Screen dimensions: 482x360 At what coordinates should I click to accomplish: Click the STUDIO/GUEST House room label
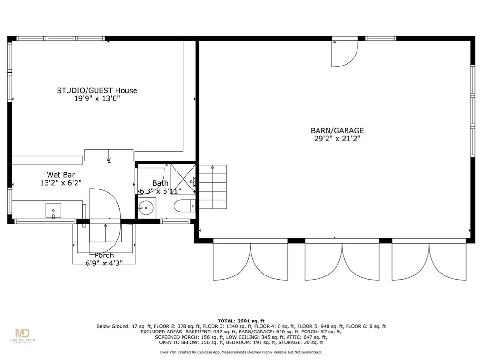coord(97,90)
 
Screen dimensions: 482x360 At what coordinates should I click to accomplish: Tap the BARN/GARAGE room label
coord(337,130)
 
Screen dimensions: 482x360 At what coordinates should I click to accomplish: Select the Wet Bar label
coord(61,175)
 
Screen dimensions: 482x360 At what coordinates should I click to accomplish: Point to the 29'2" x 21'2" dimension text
coord(337,139)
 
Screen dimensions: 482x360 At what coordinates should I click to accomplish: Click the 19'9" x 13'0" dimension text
coord(97,99)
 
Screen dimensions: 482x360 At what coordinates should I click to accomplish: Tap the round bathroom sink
coord(146,208)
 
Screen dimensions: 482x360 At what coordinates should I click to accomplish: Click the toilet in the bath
coord(184,206)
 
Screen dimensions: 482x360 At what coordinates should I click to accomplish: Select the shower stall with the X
coord(183,179)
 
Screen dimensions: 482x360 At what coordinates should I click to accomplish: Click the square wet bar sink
coord(53,210)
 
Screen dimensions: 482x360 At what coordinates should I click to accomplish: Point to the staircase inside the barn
coord(213,187)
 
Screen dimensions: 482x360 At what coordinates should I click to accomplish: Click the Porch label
coord(104,255)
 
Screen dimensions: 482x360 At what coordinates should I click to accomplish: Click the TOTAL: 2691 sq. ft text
coord(241,321)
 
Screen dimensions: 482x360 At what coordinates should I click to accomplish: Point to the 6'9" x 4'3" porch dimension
coord(104,263)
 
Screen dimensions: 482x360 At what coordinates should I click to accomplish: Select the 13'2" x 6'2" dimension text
coord(61,183)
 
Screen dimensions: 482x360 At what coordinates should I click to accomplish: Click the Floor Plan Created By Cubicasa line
coord(241,352)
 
